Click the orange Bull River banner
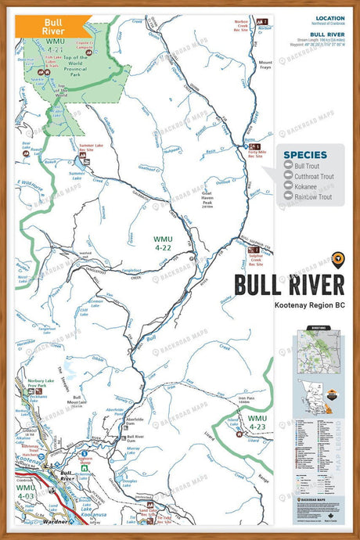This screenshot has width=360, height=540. pos(54,25)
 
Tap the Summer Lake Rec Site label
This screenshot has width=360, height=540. pos(92,147)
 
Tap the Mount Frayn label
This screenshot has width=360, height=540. pos(266,65)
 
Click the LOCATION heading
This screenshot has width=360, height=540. pos(329,18)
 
